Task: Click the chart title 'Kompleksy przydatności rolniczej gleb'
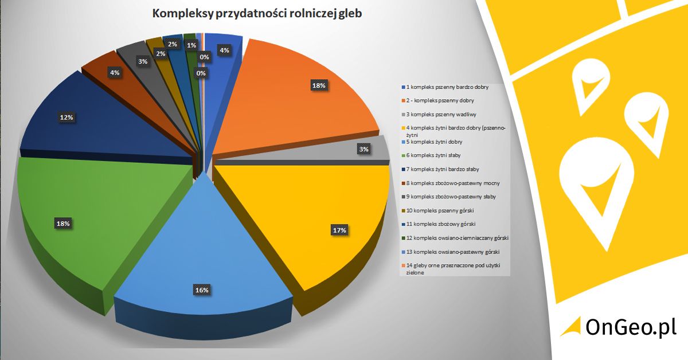257,14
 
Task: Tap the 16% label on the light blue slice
201,290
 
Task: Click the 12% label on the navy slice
67,118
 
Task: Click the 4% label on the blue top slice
224,50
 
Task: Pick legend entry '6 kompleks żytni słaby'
433,155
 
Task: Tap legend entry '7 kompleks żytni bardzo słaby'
442,169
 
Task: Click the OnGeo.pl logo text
631,327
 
